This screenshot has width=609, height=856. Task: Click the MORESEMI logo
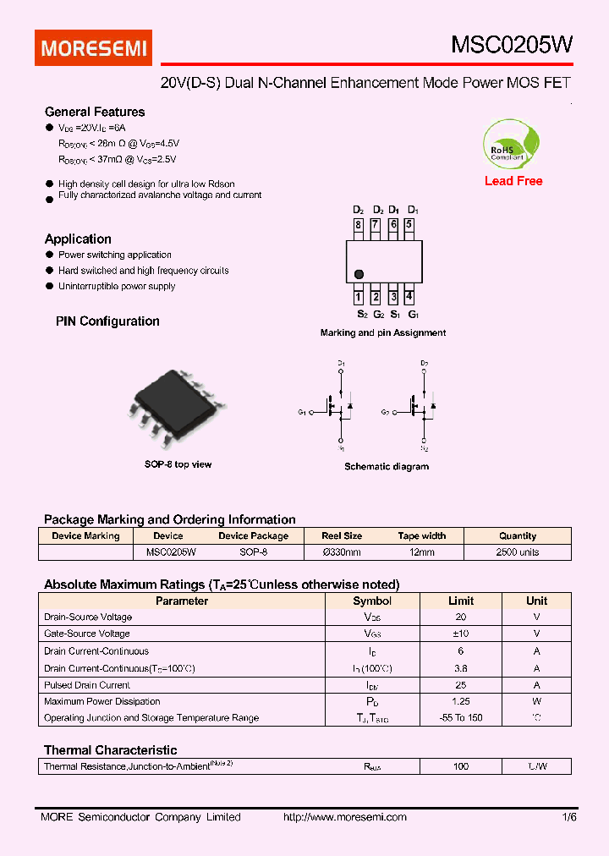93,47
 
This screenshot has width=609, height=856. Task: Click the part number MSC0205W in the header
510,47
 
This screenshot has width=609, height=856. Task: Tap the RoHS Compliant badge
508,144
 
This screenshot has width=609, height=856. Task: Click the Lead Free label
513,181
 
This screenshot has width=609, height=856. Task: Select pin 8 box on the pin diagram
359,225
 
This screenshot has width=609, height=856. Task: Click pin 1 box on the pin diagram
359,297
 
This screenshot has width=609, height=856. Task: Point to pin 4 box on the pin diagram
409,297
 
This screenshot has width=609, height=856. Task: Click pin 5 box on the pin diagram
409,225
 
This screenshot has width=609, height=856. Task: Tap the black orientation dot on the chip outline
359,273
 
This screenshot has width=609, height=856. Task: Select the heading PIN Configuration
107,321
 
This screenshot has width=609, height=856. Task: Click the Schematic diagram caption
386,467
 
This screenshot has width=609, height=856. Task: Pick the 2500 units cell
518,552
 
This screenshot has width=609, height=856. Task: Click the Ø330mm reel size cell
342,552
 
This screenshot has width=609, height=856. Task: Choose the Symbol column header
372,601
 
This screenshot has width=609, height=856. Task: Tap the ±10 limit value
461,634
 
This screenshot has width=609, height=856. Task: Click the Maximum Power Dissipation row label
101,701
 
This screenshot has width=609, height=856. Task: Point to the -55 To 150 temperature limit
461,718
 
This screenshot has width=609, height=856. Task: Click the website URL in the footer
344,817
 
